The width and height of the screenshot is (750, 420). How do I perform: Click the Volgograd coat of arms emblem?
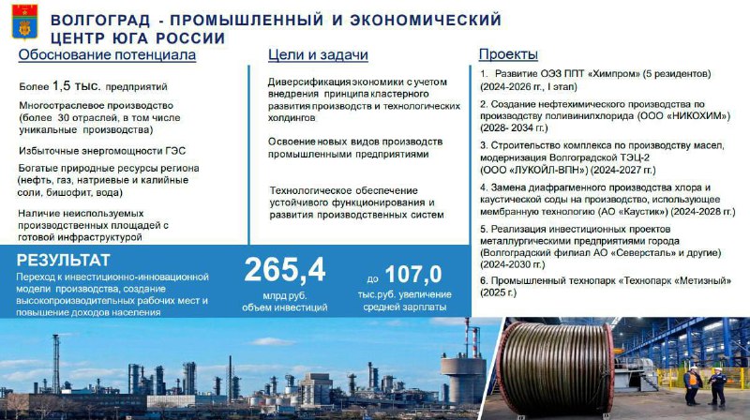(x=25, y=22)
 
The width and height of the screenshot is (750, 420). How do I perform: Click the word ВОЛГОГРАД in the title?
(x=100, y=20)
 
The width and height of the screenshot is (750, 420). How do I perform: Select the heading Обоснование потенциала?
(x=107, y=55)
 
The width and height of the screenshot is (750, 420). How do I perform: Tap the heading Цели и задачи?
(x=318, y=55)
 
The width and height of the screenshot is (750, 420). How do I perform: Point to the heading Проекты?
(x=508, y=54)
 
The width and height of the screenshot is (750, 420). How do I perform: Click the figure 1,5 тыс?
(x=77, y=86)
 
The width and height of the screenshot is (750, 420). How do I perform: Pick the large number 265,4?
(x=285, y=270)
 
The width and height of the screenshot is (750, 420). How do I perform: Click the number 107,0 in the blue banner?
(x=413, y=275)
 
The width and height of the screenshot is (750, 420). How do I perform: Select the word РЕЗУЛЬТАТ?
(x=63, y=261)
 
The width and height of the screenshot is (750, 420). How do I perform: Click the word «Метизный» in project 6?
(x=702, y=281)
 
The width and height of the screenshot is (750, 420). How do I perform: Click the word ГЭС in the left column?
(x=175, y=151)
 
